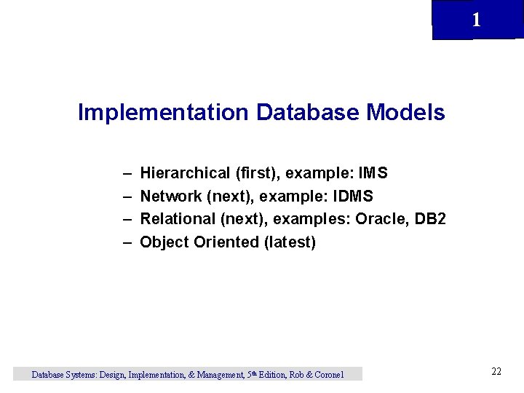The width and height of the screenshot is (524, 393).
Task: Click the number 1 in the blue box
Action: click(476, 20)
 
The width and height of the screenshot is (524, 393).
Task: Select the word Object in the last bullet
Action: click(164, 242)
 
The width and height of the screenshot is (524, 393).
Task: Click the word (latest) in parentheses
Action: click(290, 242)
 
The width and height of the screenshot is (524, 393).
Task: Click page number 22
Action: click(496, 372)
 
